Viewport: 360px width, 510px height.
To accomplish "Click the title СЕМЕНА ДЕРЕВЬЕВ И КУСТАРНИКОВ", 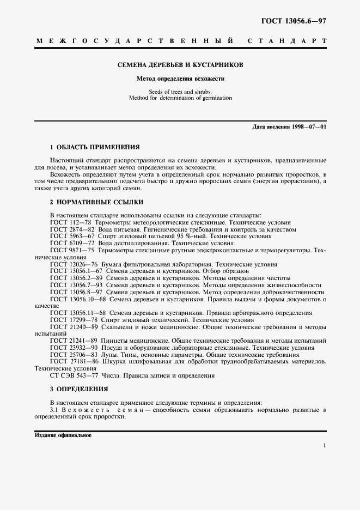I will [x=180, y=65].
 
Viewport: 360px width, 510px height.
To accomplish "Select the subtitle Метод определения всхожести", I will [x=180, y=78].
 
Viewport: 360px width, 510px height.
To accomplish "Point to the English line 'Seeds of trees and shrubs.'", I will [x=180, y=92].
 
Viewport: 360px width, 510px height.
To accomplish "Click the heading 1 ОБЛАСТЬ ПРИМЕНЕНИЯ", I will [x=95, y=147].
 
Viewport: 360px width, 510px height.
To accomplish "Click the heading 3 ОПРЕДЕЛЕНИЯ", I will [x=79, y=389].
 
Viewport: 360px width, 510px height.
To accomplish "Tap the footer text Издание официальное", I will [x=63, y=436].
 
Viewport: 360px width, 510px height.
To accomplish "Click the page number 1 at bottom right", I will [x=325, y=446].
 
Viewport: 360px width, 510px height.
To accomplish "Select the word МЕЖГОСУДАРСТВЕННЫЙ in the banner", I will [x=135, y=41].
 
